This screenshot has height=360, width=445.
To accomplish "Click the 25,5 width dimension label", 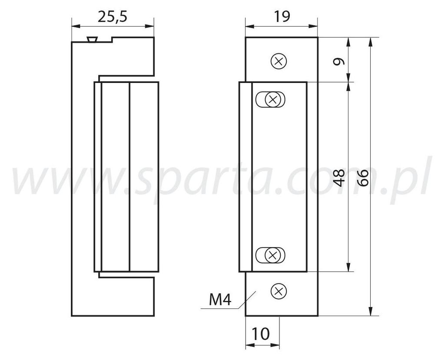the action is (x=113, y=17).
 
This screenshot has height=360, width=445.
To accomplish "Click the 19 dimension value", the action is (x=282, y=17).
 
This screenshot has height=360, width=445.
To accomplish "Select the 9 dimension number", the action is (x=339, y=61).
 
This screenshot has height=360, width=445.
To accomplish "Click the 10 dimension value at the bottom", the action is (x=260, y=334).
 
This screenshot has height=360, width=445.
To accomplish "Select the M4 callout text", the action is (x=220, y=300).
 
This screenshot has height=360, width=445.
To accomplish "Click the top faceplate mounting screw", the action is (x=279, y=61).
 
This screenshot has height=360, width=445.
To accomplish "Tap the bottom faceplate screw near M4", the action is (x=279, y=291).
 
